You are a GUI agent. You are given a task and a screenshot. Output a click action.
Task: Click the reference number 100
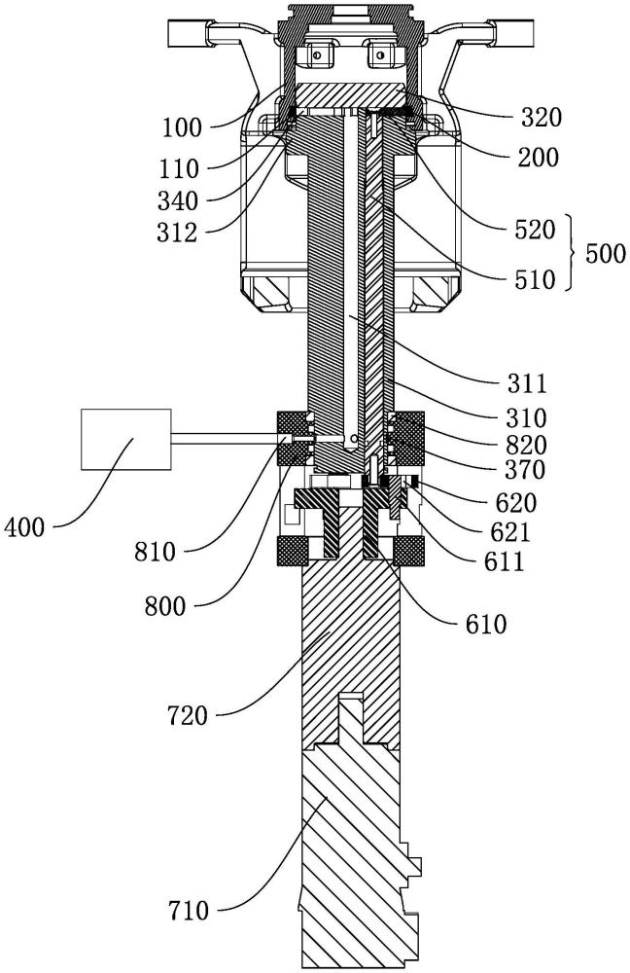[183, 127]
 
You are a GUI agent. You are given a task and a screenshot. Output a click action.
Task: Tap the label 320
[541, 118]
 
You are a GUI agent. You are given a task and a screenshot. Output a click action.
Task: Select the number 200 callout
[539, 159]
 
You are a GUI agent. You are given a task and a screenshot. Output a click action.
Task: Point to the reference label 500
[605, 254]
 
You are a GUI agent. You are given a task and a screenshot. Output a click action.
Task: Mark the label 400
[24, 528]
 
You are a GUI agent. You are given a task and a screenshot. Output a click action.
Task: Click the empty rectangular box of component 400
[126, 440]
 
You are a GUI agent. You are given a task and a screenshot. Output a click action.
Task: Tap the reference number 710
[189, 912]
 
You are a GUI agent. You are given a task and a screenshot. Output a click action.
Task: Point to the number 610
[486, 624]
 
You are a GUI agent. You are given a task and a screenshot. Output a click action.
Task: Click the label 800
[165, 606]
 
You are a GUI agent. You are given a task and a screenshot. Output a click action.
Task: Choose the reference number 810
[155, 552]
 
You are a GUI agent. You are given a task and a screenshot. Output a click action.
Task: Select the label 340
[178, 201]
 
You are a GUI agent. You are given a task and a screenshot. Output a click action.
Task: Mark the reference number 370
[525, 470]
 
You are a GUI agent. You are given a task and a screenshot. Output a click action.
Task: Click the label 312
[177, 234]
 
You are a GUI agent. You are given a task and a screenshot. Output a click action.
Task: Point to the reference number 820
[526, 445]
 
